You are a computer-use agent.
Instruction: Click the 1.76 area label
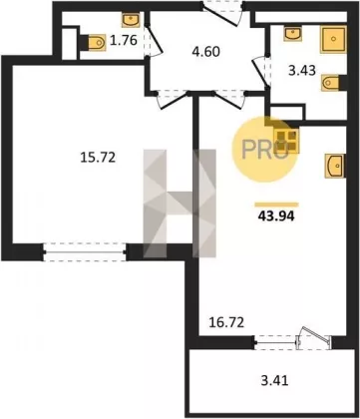124,41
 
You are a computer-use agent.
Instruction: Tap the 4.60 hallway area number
206,52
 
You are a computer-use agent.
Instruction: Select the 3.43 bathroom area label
302,71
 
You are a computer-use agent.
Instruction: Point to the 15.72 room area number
98,157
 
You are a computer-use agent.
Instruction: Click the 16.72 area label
226,322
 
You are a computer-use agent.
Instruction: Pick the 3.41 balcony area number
274,380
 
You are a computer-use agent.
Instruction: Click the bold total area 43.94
276,216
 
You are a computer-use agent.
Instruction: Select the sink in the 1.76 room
132,20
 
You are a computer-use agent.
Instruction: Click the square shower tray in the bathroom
333,39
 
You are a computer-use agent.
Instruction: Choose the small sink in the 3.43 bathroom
293,34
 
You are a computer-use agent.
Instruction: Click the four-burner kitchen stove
286,140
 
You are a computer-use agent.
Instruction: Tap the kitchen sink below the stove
335,166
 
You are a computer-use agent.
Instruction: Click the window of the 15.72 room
85,252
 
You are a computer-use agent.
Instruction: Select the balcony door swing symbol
313,337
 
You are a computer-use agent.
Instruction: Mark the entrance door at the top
223,12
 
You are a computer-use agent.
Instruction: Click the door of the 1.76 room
154,40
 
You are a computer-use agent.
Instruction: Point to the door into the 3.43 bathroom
262,72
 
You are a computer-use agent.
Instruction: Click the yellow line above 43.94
276,205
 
